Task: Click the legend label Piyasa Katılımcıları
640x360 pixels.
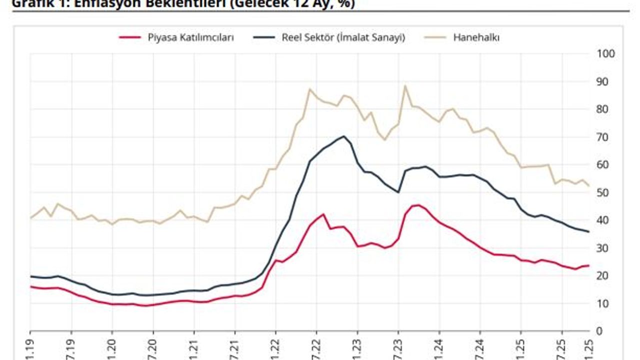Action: click(190, 37)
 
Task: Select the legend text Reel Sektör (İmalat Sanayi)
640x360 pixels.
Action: click(343, 37)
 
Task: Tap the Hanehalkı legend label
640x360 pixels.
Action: click(476, 37)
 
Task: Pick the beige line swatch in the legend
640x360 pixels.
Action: click(435, 37)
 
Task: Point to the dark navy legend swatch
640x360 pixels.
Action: click(264, 37)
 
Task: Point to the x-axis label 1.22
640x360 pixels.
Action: click(275, 348)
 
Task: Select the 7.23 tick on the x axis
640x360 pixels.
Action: click(398, 348)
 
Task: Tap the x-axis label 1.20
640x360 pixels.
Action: click(112, 348)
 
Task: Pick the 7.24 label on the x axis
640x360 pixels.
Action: click(480, 348)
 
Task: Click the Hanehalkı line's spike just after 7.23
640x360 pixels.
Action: click(405, 85)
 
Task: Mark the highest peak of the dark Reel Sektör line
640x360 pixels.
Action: click(344, 136)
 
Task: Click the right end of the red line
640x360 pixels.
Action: click(588, 265)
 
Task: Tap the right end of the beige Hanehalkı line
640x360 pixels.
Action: click(588, 185)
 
